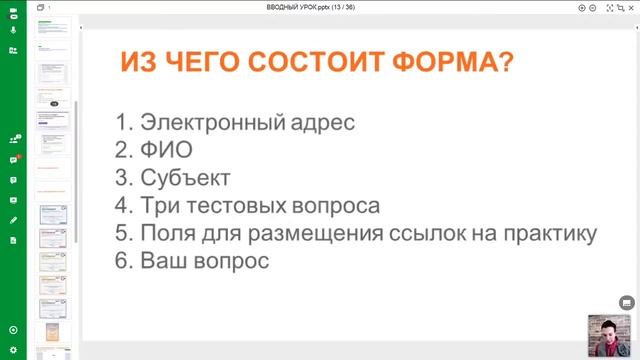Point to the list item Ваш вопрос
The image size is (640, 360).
(x=205, y=260)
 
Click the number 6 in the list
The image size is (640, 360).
(x=122, y=260)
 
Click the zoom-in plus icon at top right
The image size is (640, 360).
(x=582, y=7)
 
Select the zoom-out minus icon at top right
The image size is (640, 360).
(x=593, y=7)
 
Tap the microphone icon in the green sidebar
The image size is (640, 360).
(x=13, y=28)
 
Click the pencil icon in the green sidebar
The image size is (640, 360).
(x=13, y=219)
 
